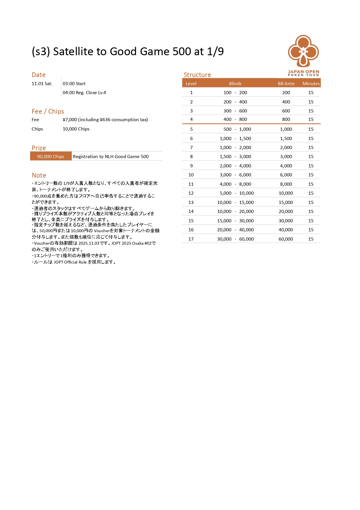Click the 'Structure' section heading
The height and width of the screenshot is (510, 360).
click(x=197, y=75)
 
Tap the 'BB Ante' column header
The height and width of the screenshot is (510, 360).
click(x=286, y=83)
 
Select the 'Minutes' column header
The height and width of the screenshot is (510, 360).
click(x=311, y=83)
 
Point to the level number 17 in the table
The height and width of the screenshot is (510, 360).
click(x=191, y=239)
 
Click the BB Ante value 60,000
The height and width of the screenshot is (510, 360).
click(x=286, y=239)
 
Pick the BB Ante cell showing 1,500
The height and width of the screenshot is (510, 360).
click(x=286, y=138)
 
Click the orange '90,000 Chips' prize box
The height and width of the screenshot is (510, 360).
click(x=51, y=156)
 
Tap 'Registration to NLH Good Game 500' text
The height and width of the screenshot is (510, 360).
click(x=111, y=156)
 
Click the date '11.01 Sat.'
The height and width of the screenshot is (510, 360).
click(x=42, y=84)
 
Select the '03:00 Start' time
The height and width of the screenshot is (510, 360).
click(x=74, y=84)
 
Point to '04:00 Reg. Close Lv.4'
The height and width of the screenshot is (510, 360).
click(x=84, y=93)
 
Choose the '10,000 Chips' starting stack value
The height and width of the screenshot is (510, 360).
click(x=76, y=129)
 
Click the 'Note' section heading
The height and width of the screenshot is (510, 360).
click(x=39, y=175)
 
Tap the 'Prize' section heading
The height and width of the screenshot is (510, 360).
click(x=39, y=148)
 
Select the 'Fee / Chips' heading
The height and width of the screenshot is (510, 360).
click(x=48, y=111)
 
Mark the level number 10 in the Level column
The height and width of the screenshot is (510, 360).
click(x=191, y=175)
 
